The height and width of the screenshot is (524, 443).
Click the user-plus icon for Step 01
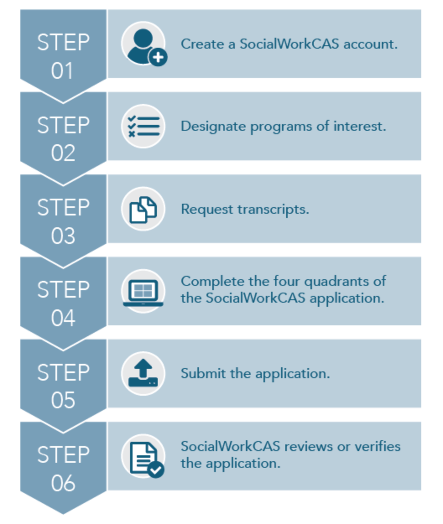(x=143, y=44)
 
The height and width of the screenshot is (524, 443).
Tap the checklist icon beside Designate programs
(x=143, y=126)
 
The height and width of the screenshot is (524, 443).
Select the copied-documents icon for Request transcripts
(x=143, y=209)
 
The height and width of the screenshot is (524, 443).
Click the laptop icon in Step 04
(x=143, y=291)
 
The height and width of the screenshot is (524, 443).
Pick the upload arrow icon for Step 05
(x=143, y=374)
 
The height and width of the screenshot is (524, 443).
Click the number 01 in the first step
(x=63, y=71)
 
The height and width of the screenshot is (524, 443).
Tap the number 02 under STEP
(x=63, y=153)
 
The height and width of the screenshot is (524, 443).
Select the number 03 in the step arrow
(x=63, y=236)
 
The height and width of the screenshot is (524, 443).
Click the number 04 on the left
(x=63, y=318)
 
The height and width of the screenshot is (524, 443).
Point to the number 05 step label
(x=63, y=401)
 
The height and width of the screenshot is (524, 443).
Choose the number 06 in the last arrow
(x=63, y=483)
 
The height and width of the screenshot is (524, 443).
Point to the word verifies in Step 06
(x=378, y=446)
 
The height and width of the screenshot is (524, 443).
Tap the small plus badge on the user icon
(x=158, y=58)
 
